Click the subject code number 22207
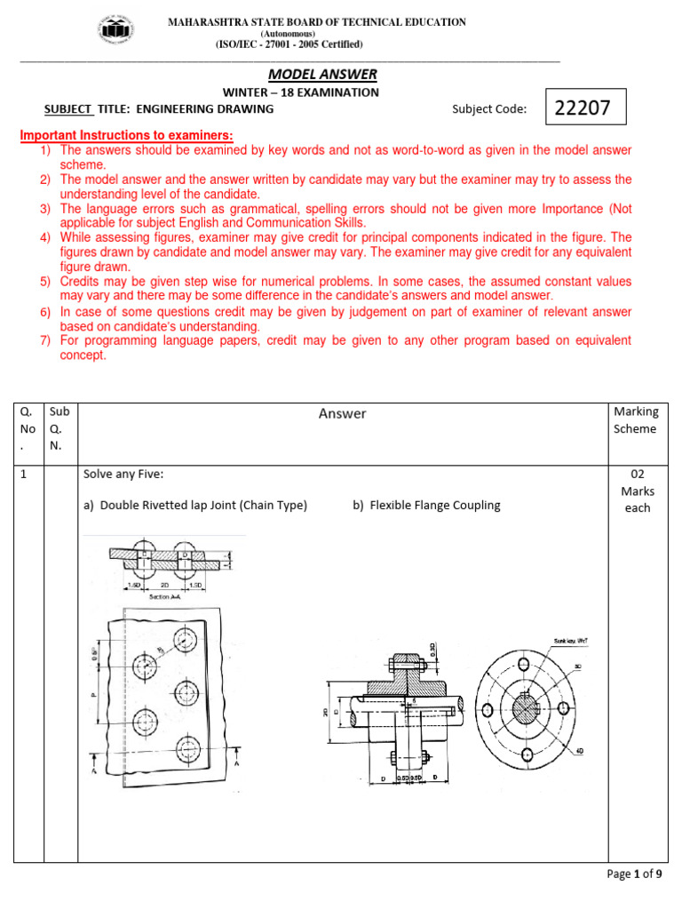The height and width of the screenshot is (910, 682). tap(583, 108)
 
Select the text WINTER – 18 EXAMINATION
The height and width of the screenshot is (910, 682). tap(300, 92)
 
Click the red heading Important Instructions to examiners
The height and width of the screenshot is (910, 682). tap(127, 135)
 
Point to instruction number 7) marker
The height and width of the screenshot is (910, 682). tap(45, 340)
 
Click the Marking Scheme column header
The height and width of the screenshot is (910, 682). tap(636, 420)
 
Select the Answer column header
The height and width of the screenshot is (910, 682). tap(342, 413)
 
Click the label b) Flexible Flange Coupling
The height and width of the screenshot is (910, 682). tap(434, 505)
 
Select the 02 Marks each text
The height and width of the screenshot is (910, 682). tap(637, 491)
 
